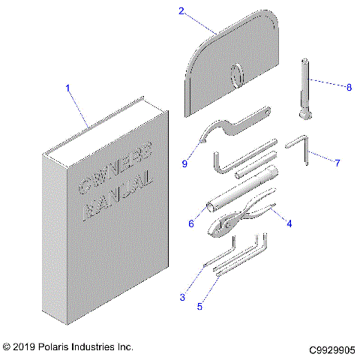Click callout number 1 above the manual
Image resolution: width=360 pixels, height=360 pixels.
point(67,88)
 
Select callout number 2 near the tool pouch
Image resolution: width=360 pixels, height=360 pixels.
point(181,10)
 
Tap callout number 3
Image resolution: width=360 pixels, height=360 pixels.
point(182,298)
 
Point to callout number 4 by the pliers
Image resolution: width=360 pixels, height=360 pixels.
point(289,222)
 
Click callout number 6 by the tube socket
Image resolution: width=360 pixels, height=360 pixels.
point(191,223)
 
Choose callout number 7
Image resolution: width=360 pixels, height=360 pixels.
point(337,162)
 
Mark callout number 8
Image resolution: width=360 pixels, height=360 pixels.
point(348,87)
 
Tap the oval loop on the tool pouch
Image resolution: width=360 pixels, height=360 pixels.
point(236,76)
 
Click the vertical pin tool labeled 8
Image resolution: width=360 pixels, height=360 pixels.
point(306,86)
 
